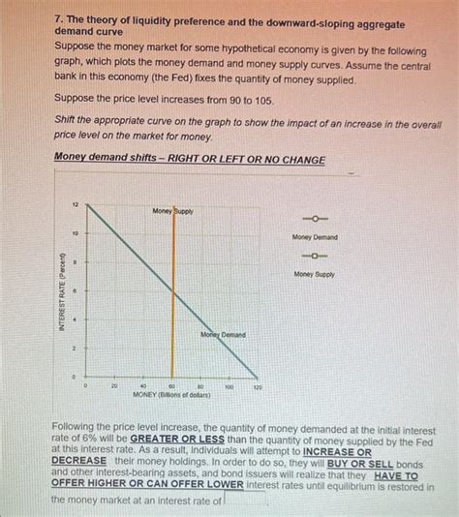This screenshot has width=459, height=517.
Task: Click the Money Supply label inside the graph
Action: tap(172, 211)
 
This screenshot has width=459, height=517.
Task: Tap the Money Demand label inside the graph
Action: tap(223, 334)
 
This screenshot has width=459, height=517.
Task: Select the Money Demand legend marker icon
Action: tap(315, 218)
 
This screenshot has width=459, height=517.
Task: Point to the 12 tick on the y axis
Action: tap(76, 205)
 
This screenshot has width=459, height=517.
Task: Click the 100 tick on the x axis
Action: tap(229, 385)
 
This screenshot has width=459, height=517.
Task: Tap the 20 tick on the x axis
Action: tap(114, 385)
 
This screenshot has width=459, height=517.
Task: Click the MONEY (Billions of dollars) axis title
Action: tap(171, 395)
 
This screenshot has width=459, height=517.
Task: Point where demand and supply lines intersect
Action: tap(172, 290)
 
